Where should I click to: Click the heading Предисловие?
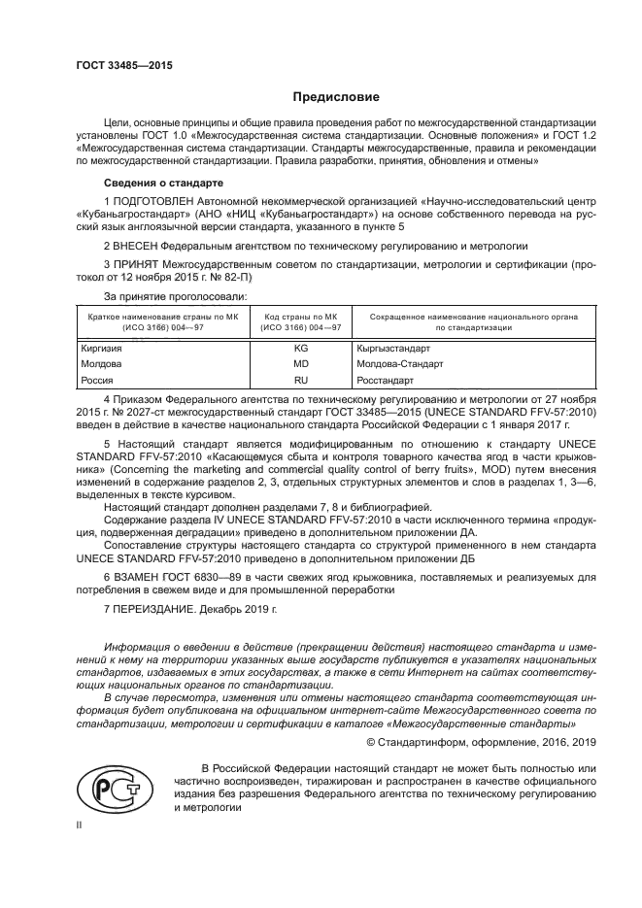(x=336, y=97)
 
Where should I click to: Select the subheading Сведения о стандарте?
(x=163, y=183)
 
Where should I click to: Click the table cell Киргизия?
(x=101, y=347)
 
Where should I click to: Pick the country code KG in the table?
(x=300, y=347)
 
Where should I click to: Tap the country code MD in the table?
(x=300, y=363)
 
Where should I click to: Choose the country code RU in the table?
(x=300, y=381)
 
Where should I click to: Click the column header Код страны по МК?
(x=300, y=317)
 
